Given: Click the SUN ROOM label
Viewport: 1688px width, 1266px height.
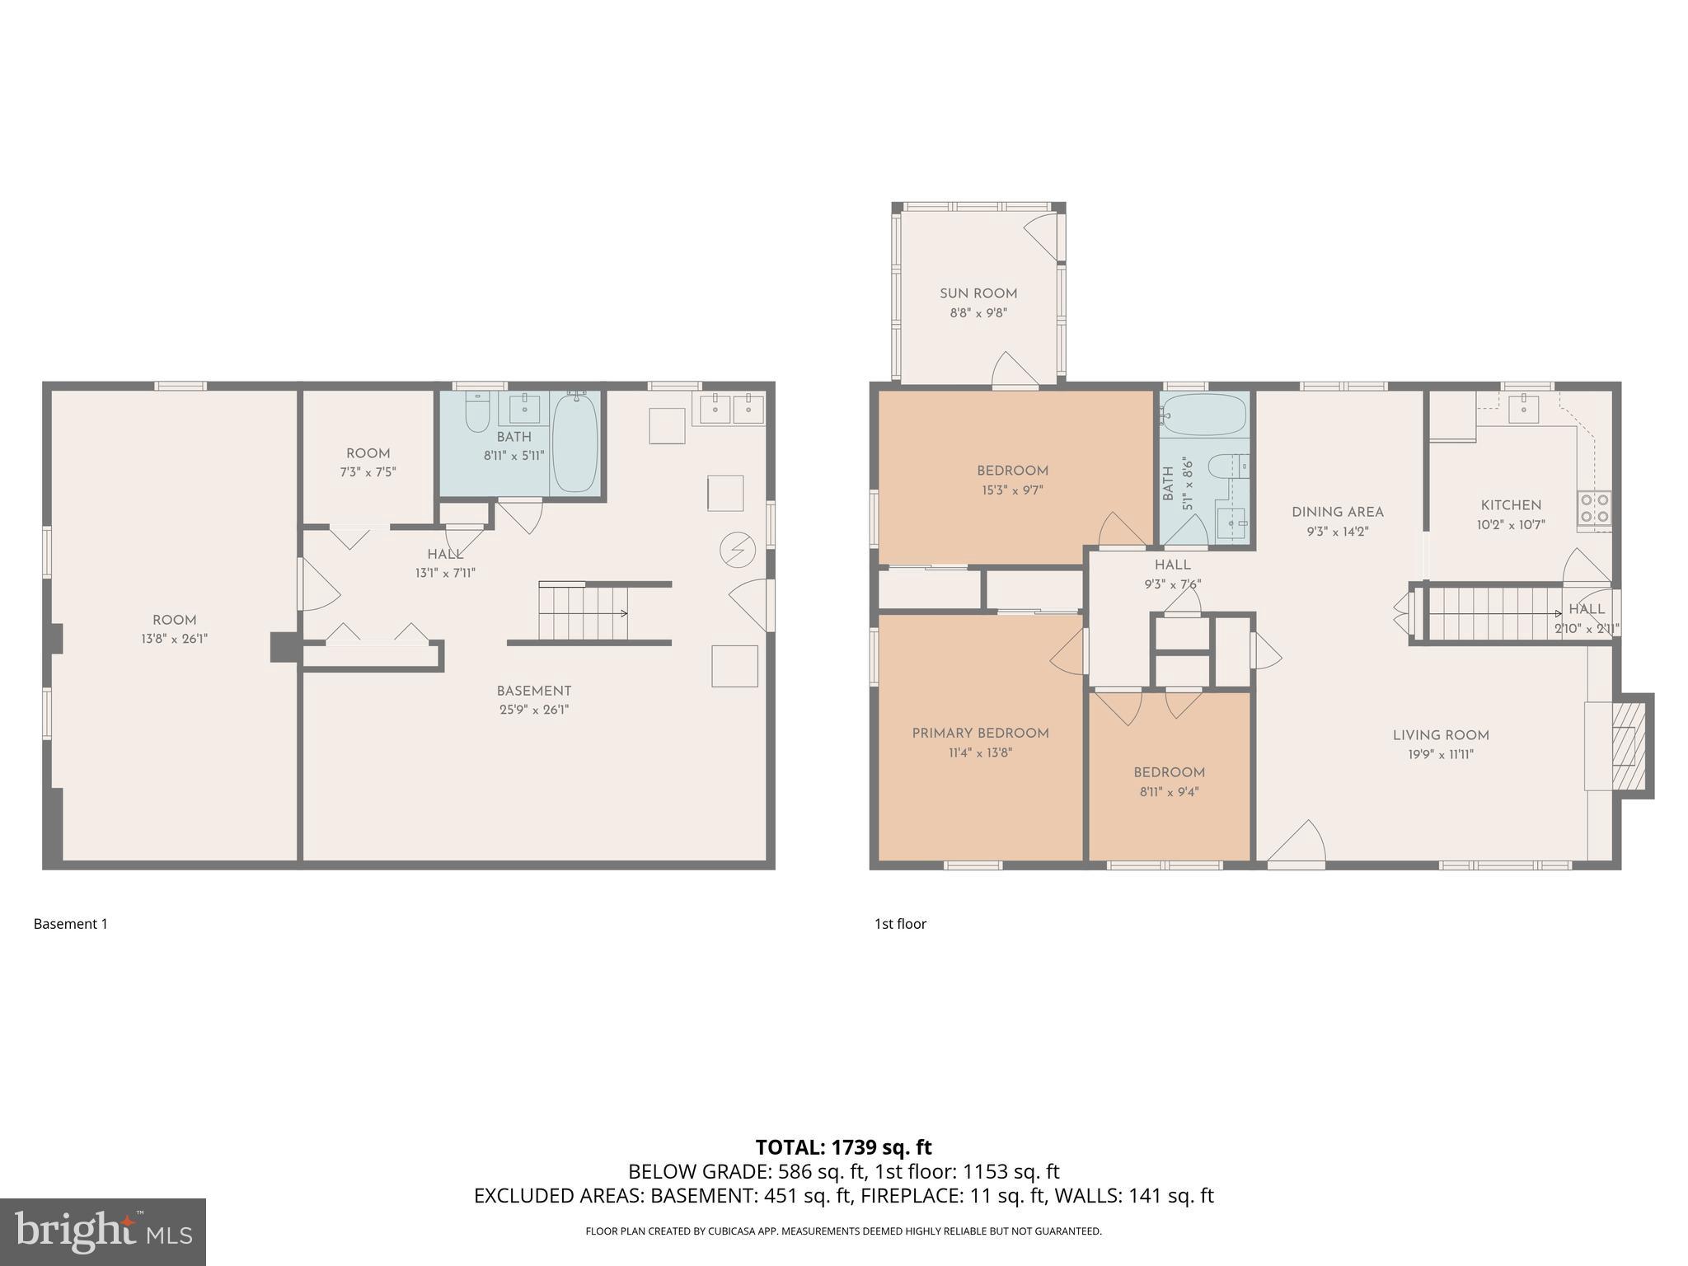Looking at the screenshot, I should [x=978, y=293].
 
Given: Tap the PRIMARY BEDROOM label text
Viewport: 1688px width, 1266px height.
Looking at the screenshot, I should [x=980, y=733].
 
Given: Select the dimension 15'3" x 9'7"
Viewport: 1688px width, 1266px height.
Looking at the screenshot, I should [x=1012, y=490].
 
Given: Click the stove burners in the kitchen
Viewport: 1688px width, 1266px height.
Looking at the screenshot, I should [x=1593, y=509].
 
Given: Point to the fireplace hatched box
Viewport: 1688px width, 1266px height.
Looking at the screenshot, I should [x=1624, y=747].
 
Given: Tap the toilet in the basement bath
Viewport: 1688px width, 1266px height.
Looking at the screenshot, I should [x=477, y=414].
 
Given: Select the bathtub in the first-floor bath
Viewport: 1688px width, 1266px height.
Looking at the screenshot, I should [x=1205, y=415].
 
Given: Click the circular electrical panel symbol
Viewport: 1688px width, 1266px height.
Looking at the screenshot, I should [x=737, y=550].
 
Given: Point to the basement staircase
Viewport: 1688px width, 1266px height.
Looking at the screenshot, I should [x=584, y=612].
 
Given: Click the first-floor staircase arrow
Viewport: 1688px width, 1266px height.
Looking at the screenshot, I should [x=1555, y=614].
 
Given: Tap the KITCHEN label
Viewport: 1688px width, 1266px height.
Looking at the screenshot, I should [x=1511, y=505].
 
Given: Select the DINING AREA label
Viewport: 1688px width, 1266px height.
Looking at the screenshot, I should [x=1337, y=512].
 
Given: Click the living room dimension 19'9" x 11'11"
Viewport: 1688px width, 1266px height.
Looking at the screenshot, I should [x=1441, y=754].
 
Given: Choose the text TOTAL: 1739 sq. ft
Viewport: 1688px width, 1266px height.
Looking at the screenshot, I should [x=843, y=1147].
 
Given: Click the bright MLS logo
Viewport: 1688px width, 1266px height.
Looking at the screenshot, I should [x=103, y=1231].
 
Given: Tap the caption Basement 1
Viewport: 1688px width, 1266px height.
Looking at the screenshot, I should [x=71, y=924].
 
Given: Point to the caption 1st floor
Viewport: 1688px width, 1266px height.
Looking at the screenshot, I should [x=900, y=924].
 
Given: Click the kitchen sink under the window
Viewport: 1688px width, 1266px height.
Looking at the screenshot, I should [x=1523, y=409].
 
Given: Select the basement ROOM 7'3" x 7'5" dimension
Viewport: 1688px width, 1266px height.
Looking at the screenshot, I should [x=368, y=472].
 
